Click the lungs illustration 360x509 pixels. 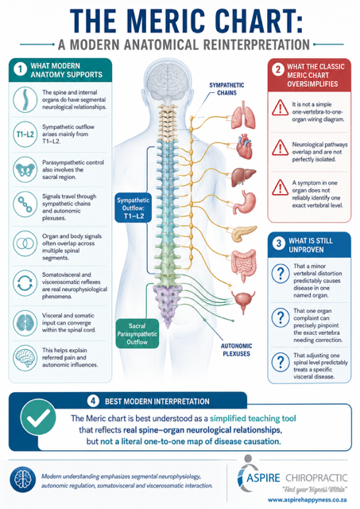[x=243, y=115]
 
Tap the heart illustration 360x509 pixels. [x=244, y=146]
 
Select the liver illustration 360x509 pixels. [x=243, y=177]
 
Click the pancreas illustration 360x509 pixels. [x=244, y=233]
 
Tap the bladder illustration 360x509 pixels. [x=243, y=301]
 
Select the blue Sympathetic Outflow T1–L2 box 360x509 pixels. [x=134, y=208]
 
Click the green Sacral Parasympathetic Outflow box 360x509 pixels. [x=137, y=334]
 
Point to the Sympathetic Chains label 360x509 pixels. [x=226, y=89]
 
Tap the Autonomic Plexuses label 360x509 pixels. [x=237, y=350]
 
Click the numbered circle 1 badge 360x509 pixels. [x=21, y=70]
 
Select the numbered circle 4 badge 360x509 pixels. [x=93, y=401]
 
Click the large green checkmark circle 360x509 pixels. [x=38, y=417]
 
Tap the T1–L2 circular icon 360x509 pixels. [x=25, y=134]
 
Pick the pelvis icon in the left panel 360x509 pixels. [x=25, y=169]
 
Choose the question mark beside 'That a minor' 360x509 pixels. [x=281, y=274]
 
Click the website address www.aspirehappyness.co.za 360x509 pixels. [x=308, y=500]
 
